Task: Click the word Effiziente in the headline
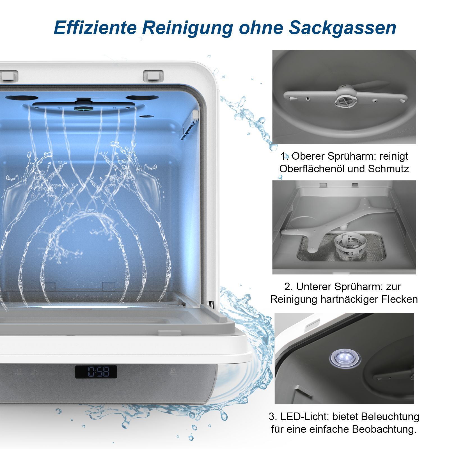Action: pos(95,27)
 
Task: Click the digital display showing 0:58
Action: pos(96,372)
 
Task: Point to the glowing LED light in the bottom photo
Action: pos(345,357)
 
